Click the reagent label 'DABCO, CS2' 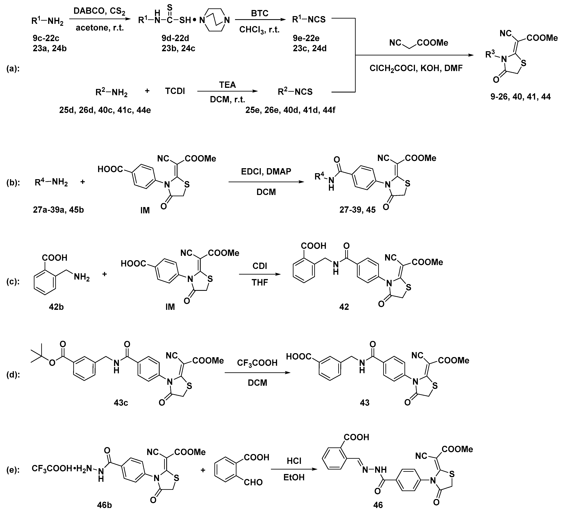point(100,11)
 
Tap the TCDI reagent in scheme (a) point(175,91)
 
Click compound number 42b point(56,307)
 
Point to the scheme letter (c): point(13,282)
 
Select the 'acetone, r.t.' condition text point(100,28)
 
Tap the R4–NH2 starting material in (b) point(51,183)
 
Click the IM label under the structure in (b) point(145,210)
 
